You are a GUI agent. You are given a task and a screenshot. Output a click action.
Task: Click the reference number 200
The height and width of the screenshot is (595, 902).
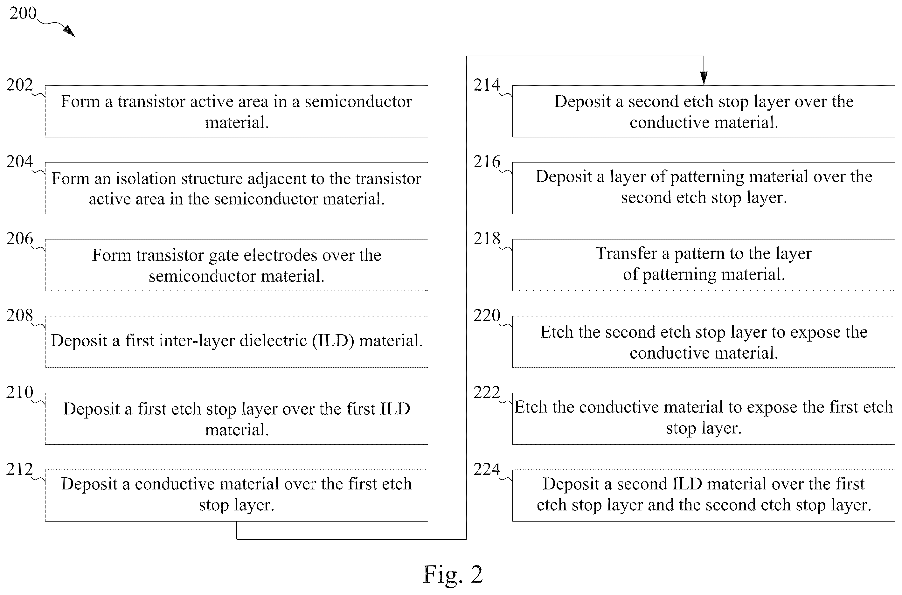click(x=23, y=14)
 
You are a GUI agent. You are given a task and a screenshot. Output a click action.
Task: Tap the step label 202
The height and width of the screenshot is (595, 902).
click(x=19, y=85)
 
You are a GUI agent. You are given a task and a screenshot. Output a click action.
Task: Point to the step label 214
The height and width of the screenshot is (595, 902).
click(x=487, y=85)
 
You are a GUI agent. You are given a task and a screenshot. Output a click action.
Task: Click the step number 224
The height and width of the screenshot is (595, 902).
click(x=487, y=469)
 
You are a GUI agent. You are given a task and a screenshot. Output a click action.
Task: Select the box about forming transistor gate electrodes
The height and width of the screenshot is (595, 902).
click(x=236, y=265)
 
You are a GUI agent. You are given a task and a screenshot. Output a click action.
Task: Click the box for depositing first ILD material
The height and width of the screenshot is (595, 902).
click(x=236, y=342)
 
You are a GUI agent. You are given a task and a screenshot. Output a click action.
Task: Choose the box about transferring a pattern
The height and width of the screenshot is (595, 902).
click(x=704, y=265)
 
